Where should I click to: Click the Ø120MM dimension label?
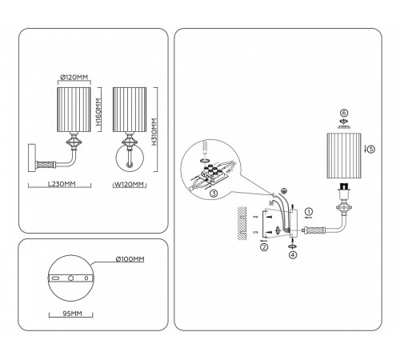[74, 78]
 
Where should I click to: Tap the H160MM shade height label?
[98, 112]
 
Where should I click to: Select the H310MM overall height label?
[154, 132]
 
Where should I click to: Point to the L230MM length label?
[62, 184]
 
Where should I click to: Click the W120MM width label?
[130, 184]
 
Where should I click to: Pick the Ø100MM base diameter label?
[130, 259]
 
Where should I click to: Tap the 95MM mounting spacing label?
[72, 314]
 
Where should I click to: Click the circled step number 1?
[309, 212]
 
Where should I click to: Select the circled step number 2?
[264, 247]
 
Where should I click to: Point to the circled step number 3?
[214, 194]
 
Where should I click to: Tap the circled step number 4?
[293, 254]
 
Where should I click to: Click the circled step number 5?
[371, 149]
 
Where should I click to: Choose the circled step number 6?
[344, 113]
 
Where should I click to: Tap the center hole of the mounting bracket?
[70, 278]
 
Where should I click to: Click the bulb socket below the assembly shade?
[344, 192]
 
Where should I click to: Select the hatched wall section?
[242, 223]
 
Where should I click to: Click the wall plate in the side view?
[32, 158]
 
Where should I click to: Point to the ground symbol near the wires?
[284, 191]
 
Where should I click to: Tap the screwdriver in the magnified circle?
[205, 148]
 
